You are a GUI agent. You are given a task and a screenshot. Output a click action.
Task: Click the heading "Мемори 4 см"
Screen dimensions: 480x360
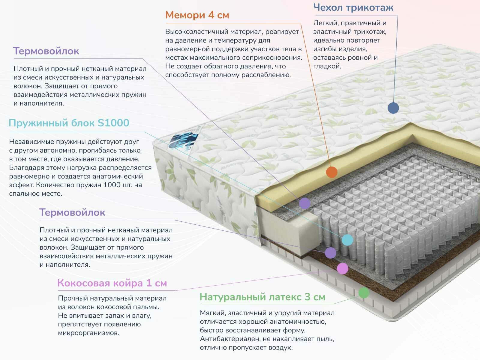point(197,15)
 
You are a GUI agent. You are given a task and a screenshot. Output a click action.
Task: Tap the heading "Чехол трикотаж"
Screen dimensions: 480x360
point(353,7)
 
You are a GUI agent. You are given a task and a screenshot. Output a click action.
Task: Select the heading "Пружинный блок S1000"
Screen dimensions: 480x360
point(69,123)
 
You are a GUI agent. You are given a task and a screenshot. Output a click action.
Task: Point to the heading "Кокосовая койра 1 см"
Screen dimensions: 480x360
point(112,283)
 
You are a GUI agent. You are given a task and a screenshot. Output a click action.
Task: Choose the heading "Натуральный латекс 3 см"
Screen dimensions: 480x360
point(262,297)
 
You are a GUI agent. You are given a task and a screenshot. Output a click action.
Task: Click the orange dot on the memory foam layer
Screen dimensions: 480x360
point(331,172)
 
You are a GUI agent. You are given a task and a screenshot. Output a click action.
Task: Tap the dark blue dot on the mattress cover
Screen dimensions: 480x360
point(393,108)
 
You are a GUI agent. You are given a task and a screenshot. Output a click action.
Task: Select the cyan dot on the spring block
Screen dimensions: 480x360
point(347,240)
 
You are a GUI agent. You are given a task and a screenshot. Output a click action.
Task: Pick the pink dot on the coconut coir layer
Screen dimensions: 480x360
point(343,268)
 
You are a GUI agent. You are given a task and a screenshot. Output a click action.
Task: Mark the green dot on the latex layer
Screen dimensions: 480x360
point(364,292)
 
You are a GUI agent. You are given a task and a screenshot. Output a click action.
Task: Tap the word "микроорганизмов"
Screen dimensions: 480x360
point(88,333)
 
